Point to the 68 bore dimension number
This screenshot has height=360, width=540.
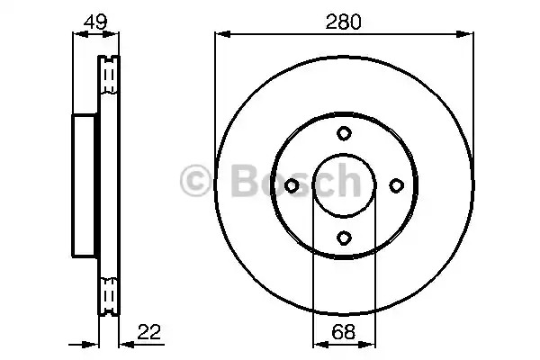(x=343, y=332)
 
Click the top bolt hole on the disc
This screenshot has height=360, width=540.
(x=344, y=133)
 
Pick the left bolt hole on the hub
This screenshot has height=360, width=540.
(x=292, y=185)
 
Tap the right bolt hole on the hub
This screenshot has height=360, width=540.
(x=395, y=185)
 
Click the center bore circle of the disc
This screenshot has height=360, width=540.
(x=344, y=185)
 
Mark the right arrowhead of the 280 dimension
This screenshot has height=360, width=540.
(x=467, y=35)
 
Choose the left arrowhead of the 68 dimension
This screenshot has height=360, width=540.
(x=318, y=342)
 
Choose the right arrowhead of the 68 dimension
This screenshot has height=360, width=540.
(x=368, y=342)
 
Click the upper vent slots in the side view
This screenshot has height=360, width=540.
(x=108, y=76)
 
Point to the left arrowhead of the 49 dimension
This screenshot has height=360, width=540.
(x=77, y=35)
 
